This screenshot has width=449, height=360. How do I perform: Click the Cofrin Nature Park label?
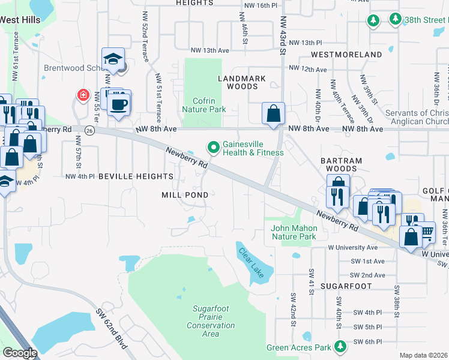coord(204,105)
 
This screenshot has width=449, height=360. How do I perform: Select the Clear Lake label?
coord(251,264)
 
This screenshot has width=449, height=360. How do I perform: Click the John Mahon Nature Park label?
coord(294,232)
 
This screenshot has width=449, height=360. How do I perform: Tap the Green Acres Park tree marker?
coord(341,347)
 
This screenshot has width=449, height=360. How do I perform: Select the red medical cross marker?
coord(82,95)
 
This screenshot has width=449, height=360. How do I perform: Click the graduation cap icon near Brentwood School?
coord(113,59)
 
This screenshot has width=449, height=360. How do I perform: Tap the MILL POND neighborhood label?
coord(185,195)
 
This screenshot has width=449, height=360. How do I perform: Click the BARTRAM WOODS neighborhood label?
coord(339,165)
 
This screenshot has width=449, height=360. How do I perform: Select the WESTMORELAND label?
coord(346,55)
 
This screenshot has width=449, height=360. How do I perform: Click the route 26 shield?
coord(89,130)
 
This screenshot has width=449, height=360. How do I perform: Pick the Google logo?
coord(20,353)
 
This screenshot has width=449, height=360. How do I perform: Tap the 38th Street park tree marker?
coord(396,20)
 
